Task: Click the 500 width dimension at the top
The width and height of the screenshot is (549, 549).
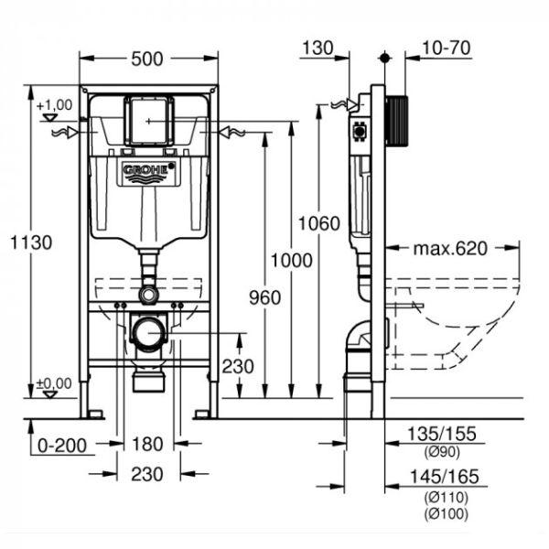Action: (148, 59)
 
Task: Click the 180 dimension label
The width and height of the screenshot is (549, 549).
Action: (147, 445)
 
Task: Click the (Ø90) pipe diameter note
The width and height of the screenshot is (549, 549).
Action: (441, 452)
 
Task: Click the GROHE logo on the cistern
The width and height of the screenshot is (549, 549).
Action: (149, 171)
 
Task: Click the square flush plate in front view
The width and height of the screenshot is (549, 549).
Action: (148, 120)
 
